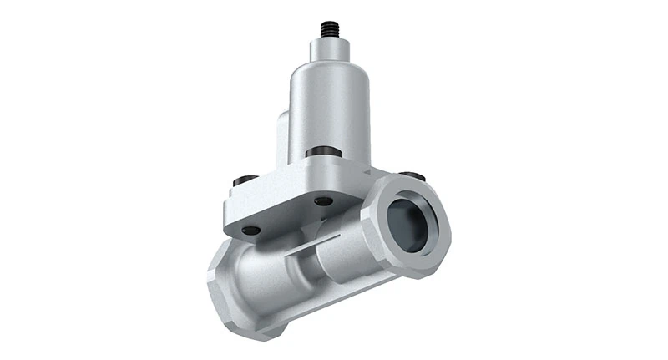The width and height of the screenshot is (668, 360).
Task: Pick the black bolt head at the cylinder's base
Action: click(324, 151)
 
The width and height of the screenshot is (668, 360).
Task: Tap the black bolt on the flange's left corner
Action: click(245, 180)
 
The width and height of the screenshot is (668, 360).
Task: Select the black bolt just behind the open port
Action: click(412, 176)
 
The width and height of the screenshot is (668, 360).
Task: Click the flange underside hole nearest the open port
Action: click(323, 200)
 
